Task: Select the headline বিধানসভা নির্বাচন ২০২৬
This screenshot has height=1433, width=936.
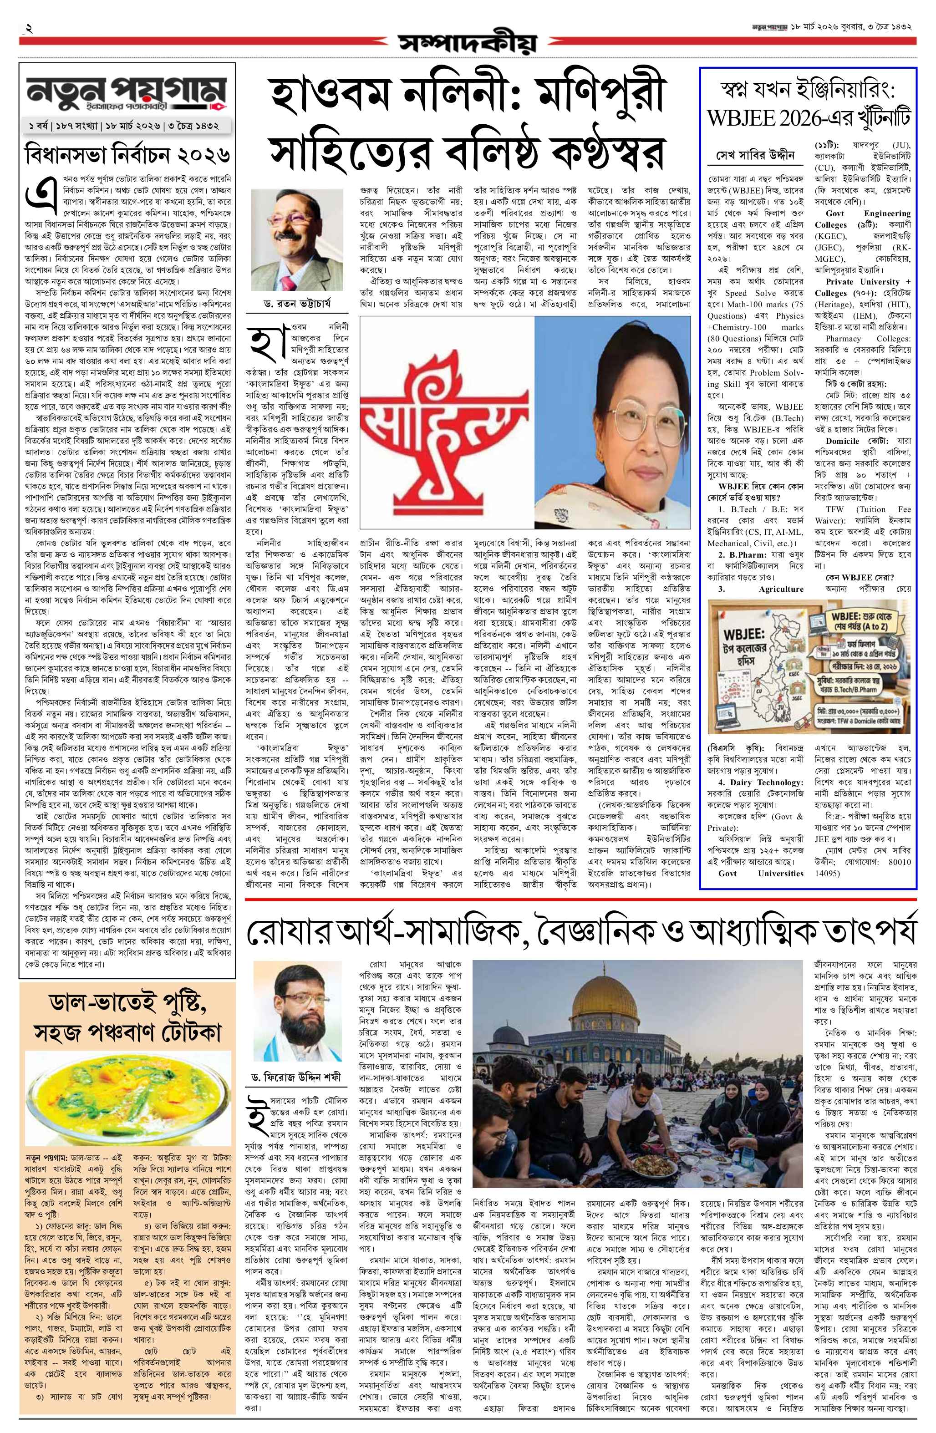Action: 127,154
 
